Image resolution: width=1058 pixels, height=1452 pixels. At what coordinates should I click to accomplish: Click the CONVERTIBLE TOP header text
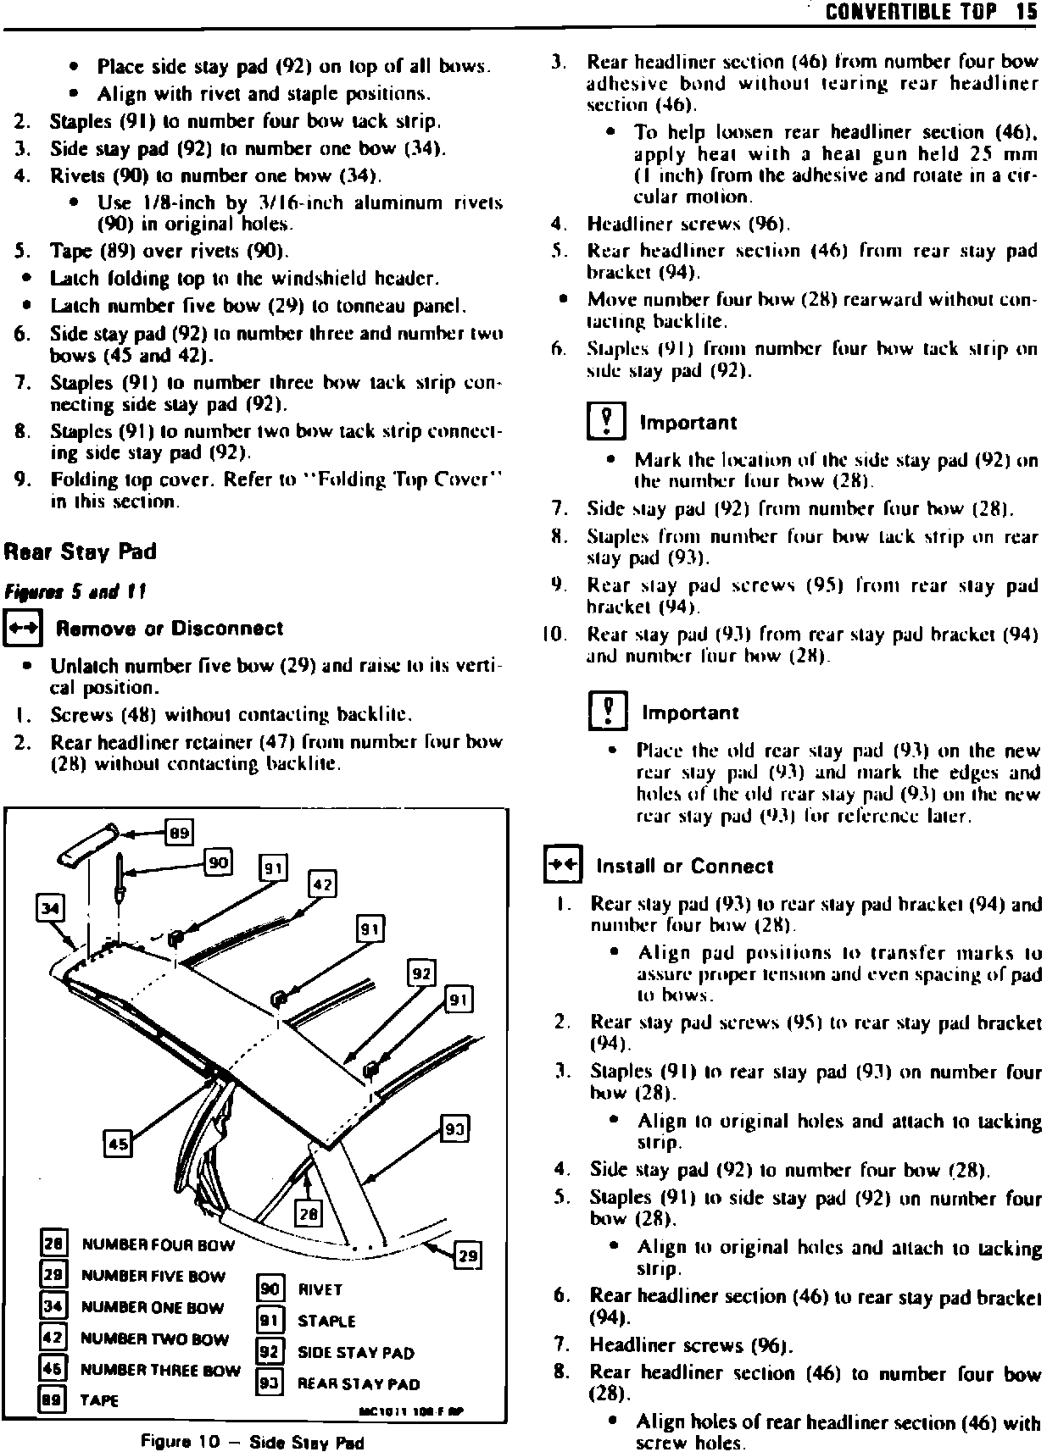click(910, 13)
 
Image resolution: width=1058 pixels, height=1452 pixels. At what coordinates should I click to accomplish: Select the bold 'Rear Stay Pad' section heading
click(81, 552)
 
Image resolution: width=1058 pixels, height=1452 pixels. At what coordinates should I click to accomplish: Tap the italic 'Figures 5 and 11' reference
click(75, 592)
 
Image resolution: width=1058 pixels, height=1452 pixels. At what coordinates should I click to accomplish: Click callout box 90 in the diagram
click(219, 863)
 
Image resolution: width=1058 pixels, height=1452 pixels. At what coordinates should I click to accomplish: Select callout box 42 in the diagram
click(323, 885)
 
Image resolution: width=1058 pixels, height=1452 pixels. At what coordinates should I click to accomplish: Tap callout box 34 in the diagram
click(51, 909)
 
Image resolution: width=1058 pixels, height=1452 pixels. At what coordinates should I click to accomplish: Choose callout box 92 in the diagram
click(421, 974)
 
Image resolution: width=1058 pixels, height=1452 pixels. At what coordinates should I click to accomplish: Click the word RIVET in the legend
click(320, 1289)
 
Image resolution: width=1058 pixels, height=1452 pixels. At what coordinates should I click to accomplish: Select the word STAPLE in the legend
click(326, 1321)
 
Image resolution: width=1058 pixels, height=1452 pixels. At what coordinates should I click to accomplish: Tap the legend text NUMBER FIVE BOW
click(153, 1277)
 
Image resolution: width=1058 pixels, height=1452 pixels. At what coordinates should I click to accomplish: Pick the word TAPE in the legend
click(99, 1400)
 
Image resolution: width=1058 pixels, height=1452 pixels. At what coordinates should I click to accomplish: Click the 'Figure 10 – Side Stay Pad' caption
click(253, 1442)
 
